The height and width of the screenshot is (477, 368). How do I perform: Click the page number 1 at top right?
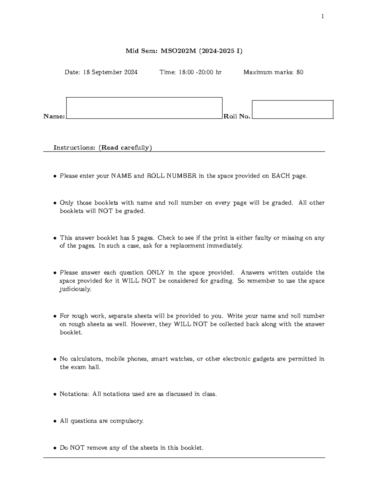[x=322, y=17]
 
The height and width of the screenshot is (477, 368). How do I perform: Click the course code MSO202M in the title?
[x=178, y=51]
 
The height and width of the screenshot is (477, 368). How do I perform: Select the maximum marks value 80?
[x=300, y=72]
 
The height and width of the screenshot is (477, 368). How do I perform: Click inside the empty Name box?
[x=144, y=108]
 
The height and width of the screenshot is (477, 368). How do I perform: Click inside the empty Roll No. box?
[x=292, y=109]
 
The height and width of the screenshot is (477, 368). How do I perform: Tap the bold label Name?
[x=54, y=116]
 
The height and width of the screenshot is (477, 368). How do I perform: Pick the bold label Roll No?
[x=237, y=116]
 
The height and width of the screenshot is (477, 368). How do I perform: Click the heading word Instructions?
[x=74, y=148]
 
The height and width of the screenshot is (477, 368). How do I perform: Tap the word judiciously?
[x=75, y=289]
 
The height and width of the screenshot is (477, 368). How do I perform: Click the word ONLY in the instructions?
[x=155, y=272]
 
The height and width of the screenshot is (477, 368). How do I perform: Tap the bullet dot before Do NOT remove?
[x=55, y=448]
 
